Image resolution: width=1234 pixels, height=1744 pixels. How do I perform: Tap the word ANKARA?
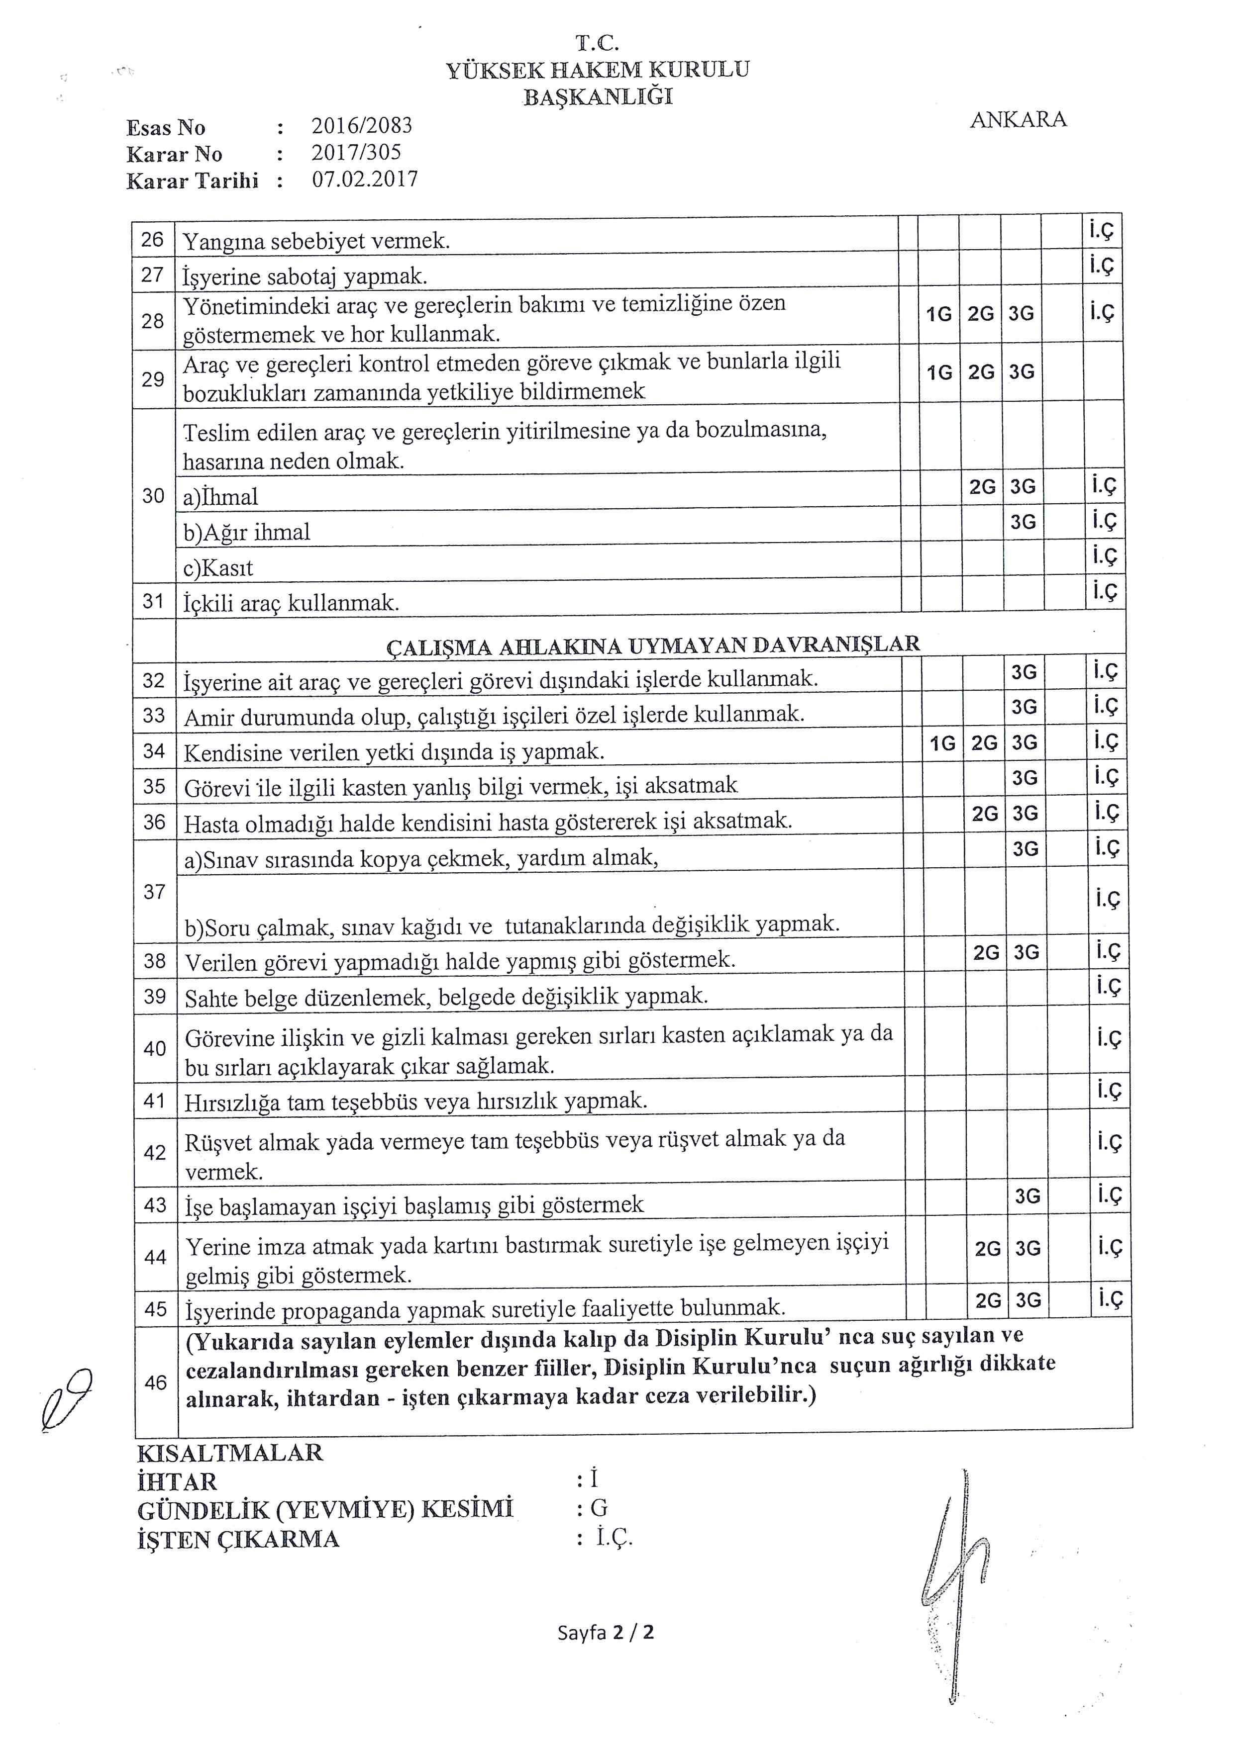point(1018,120)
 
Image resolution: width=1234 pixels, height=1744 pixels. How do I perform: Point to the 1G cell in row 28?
point(939,314)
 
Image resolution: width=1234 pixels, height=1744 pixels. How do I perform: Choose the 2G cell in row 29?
point(981,372)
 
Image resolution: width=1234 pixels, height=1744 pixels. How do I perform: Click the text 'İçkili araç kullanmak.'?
point(291,603)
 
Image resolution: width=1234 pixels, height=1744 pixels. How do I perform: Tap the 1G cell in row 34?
point(942,743)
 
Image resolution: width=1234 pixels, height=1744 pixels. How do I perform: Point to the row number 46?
point(156,1382)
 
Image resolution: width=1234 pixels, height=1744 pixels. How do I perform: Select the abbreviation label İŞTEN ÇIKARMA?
point(239,1540)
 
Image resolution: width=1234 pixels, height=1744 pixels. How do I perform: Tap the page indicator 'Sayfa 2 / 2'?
point(606,1632)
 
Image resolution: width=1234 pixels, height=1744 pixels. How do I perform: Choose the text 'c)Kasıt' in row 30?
point(218,568)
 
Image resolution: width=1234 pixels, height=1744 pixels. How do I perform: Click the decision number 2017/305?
point(356,153)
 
